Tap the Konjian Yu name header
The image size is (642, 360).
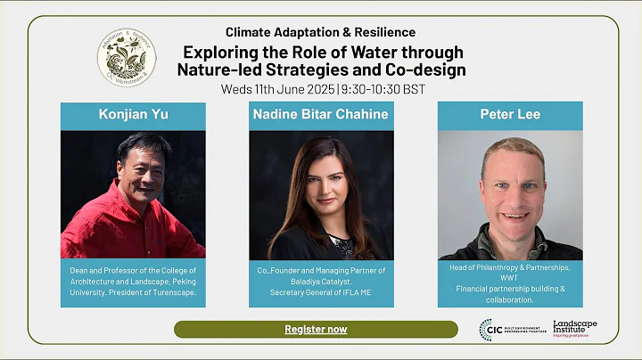click(133, 115)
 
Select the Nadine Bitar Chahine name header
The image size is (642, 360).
click(321, 115)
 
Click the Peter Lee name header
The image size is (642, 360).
click(509, 115)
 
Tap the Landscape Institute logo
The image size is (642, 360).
click(574, 328)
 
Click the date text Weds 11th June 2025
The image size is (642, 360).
click(278, 89)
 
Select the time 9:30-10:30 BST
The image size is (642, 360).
click(383, 89)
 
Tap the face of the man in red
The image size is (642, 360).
click(140, 165)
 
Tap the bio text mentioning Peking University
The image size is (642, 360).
click(134, 282)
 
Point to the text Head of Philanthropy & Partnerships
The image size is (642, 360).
click(509, 267)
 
